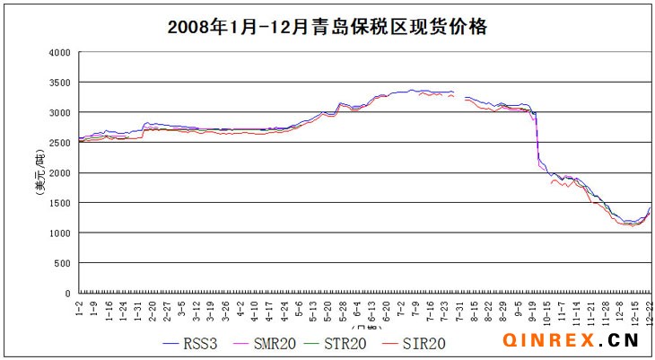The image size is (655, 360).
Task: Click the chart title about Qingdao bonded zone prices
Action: [327, 27]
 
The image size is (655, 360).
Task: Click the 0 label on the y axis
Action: [67, 294]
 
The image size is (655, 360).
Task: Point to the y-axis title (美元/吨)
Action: [39, 172]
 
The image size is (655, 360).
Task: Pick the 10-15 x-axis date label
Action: [546, 311]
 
